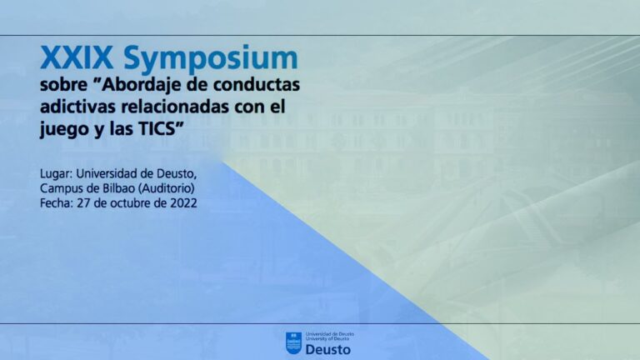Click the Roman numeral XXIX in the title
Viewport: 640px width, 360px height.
pyautogui.click(x=77, y=57)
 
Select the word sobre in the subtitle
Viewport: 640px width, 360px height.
pyautogui.click(x=63, y=84)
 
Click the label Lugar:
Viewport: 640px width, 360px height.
pyautogui.click(x=57, y=174)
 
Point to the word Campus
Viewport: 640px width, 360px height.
pyautogui.click(x=60, y=189)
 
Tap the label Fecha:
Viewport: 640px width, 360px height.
pyautogui.click(x=57, y=202)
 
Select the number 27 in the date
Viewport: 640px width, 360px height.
pyautogui.click(x=83, y=202)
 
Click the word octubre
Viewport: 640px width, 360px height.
pyautogui.click(x=129, y=202)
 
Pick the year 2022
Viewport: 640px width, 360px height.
pyautogui.click(x=183, y=202)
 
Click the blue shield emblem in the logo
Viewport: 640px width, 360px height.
pyautogui.click(x=293, y=343)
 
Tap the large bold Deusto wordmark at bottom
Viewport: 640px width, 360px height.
pyautogui.click(x=327, y=350)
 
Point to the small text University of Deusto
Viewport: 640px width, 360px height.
pyautogui.click(x=327, y=339)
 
